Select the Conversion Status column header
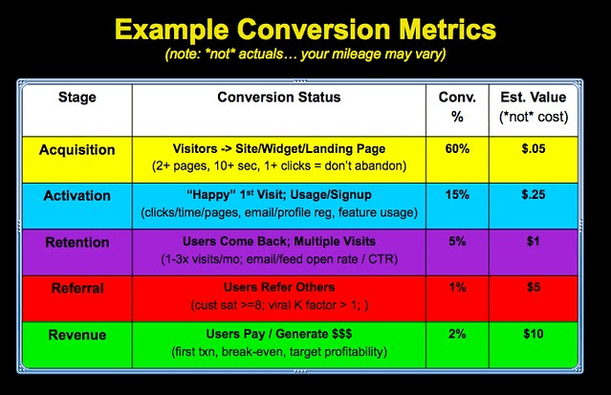coord(278,98)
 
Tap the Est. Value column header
coord(534,107)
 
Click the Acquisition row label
coord(77,150)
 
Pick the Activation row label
coord(77,195)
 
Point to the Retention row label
coord(77,242)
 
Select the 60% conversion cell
coord(458,149)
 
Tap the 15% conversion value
coord(458,194)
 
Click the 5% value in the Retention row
coord(458,241)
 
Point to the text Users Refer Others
coord(277,286)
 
